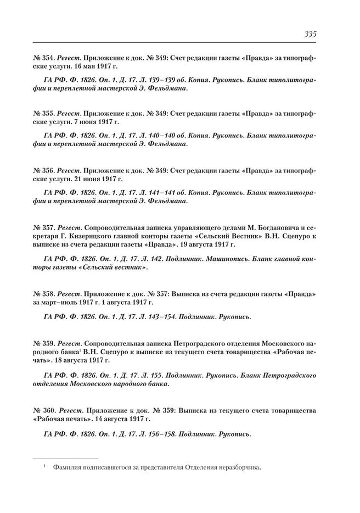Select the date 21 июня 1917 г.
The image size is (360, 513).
(x=85, y=179)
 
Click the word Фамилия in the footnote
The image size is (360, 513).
(x=67, y=469)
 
